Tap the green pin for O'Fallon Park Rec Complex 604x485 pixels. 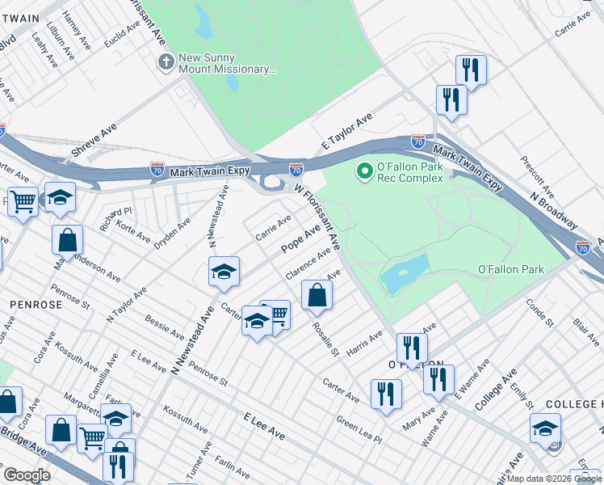point(364,171)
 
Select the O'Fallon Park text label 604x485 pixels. point(511,269)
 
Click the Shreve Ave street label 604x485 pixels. point(94,140)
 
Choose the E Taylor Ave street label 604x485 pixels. point(346,129)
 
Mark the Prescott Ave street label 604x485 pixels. point(537,177)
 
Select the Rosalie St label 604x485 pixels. point(321,338)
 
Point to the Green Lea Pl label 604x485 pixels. point(359,424)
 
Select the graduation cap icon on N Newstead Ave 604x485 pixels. point(224,272)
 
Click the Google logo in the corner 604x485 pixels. point(27,475)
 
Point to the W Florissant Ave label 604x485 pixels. point(318,214)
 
